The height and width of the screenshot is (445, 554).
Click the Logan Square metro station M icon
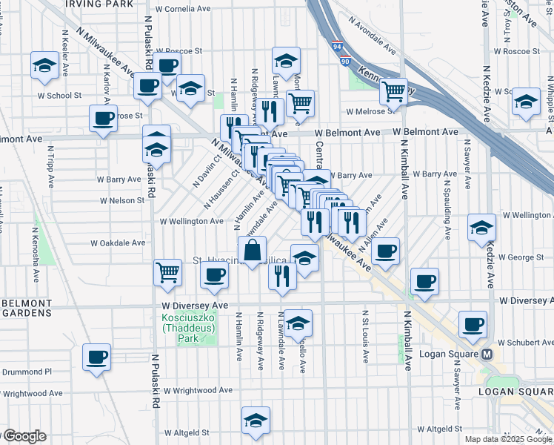487,354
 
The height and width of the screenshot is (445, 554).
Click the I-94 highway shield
337,46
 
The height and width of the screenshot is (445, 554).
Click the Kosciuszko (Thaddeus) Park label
186,329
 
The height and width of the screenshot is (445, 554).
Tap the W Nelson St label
120,200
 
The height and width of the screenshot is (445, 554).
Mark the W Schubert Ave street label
524,343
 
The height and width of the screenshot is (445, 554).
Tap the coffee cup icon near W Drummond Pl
97,357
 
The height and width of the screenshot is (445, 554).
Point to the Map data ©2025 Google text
507,438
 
